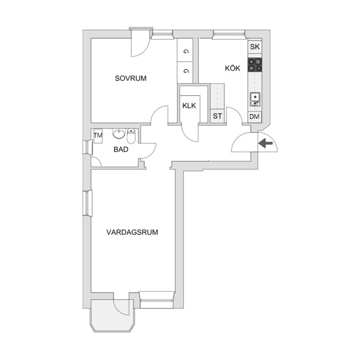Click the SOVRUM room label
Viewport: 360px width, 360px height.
131,78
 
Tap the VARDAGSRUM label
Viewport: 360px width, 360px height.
132,232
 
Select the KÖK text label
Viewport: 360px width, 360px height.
232,68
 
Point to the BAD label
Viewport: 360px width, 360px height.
121,149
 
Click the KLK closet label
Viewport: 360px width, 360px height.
189,105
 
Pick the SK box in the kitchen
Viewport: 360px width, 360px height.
255,47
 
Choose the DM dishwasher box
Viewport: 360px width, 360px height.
255,116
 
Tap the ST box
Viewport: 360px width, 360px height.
217,116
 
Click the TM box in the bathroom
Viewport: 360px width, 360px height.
98,136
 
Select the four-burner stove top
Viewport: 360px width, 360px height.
255,65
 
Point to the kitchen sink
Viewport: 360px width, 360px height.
255,99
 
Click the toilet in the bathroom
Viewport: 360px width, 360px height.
131,136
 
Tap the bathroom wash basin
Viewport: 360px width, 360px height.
119,134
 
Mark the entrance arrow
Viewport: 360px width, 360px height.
266,143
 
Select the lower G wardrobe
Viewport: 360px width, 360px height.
185,72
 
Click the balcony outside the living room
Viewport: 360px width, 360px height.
113,316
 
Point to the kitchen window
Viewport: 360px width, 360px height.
229,34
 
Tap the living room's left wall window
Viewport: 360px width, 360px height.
87,203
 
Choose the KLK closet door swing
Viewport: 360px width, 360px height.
190,133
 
